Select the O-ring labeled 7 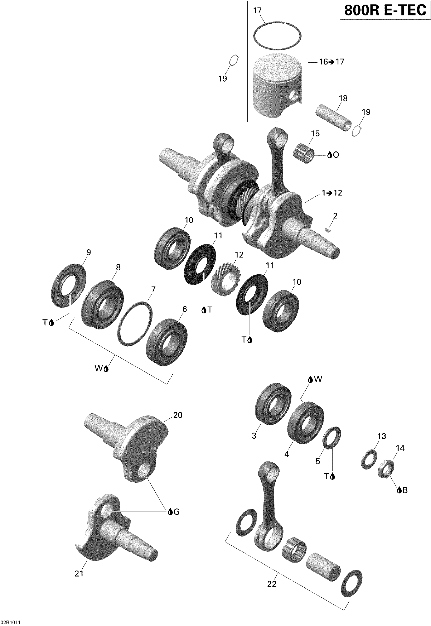pos(135,323)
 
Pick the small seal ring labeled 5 pos(332,438)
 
